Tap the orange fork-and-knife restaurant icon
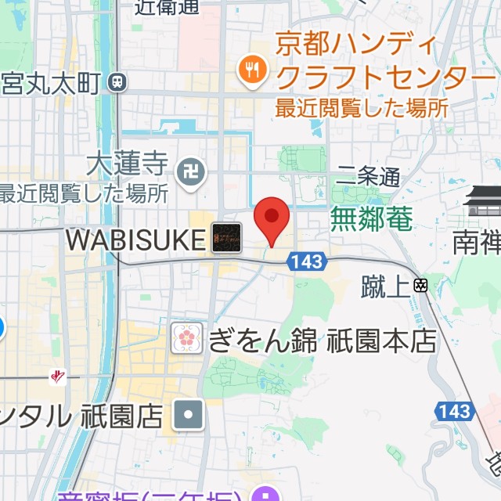251,70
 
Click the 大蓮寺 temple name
128,164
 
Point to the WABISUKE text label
135,240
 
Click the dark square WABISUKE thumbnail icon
227,237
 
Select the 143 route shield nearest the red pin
305,262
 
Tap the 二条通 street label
368,178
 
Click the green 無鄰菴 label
371,218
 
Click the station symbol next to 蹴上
421,286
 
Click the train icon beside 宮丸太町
118,80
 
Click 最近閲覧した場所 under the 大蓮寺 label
83,192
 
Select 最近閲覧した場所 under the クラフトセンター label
362,107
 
